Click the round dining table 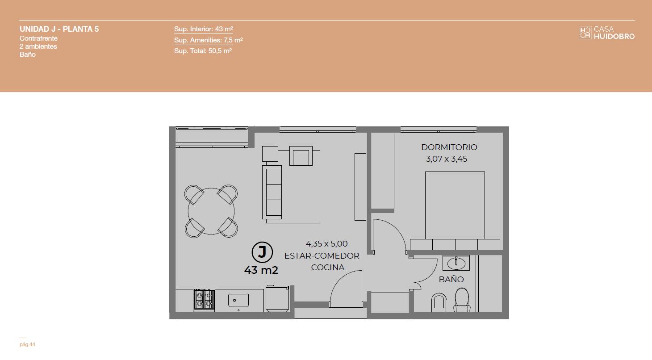pyautogui.click(x=211, y=211)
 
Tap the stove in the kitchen pyautogui.click(x=204, y=300)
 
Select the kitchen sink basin pyautogui.click(x=238, y=300)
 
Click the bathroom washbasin pyautogui.click(x=456, y=263)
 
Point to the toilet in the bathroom pyautogui.click(x=462, y=300)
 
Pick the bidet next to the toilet pyautogui.click(x=439, y=302)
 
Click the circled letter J pyautogui.click(x=262, y=252)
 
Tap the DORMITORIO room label pyautogui.click(x=449, y=147)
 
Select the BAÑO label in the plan pyautogui.click(x=451, y=279)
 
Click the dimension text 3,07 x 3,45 pyautogui.click(x=446, y=159)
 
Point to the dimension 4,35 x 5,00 pyautogui.click(x=326, y=243)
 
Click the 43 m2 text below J pyautogui.click(x=261, y=270)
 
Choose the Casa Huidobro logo pyautogui.click(x=606, y=33)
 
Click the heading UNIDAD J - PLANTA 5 pyautogui.click(x=59, y=29)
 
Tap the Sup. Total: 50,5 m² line pyautogui.click(x=203, y=51)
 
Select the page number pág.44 pyautogui.click(x=27, y=344)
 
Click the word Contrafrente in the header pyautogui.click(x=38, y=38)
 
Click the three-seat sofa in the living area pyautogui.click(x=272, y=192)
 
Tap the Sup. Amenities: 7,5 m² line pyautogui.click(x=209, y=40)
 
